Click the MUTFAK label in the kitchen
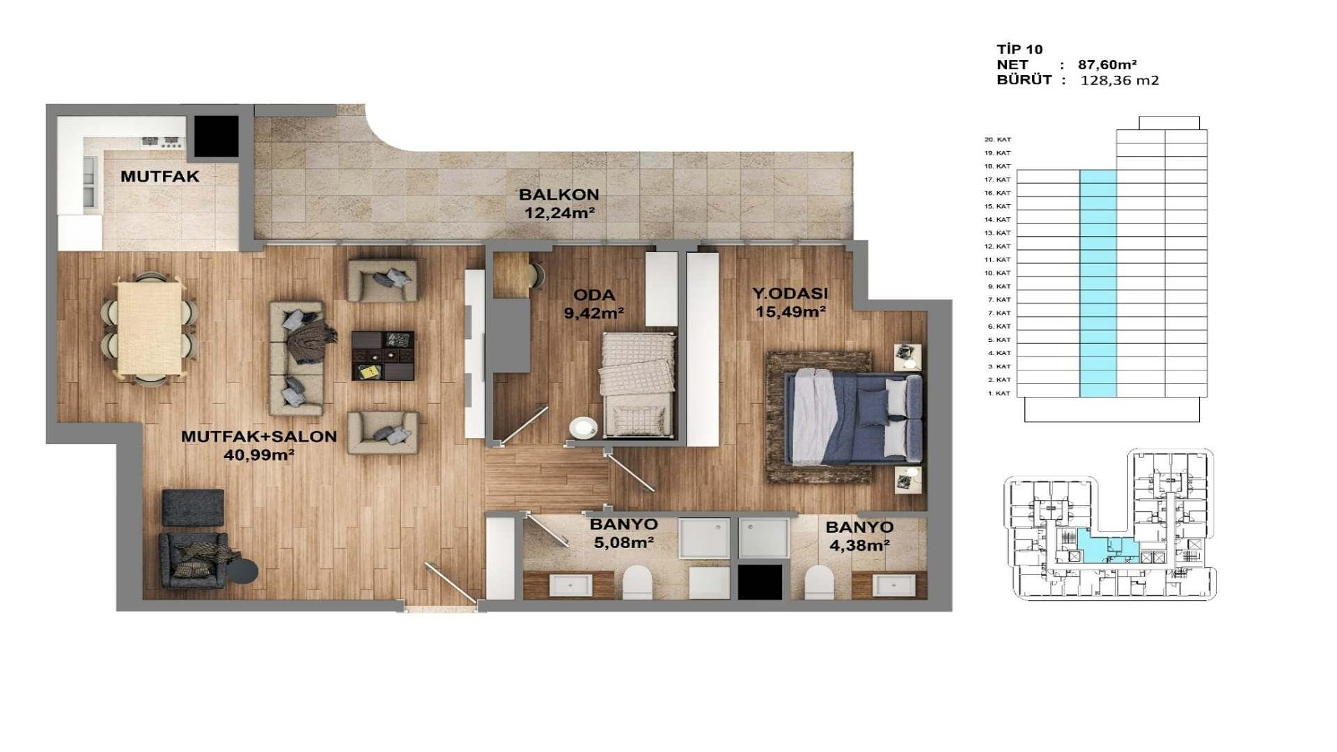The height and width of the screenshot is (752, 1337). click(159, 176)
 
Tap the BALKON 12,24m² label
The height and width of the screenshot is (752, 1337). click(559, 204)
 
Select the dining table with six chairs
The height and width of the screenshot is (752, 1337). click(150, 327)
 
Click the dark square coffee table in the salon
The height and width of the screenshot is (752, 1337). click(382, 355)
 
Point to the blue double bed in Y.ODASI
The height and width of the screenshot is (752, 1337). click(853, 418)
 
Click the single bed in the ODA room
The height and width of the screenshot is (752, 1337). click(638, 385)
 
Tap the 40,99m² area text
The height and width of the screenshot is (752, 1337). click(258, 455)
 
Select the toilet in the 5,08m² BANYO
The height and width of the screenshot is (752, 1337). click(636, 582)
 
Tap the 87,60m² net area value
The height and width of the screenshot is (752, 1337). click(1107, 65)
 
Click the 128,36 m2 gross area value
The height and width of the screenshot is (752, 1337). click(1119, 80)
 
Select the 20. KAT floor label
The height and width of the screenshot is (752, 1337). click(997, 139)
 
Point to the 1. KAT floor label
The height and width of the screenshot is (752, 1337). click(998, 393)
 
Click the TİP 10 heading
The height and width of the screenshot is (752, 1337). click(1019, 49)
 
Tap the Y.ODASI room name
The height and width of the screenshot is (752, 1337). click(790, 293)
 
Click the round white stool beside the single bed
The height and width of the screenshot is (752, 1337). click(583, 428)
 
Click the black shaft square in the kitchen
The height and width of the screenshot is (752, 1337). click(216, 136)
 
